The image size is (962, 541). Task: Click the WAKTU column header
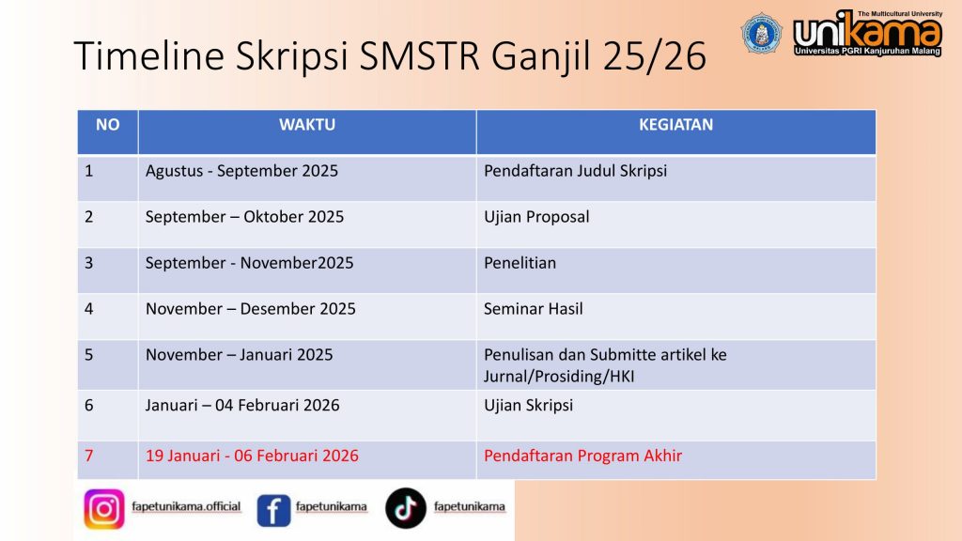(307, 125)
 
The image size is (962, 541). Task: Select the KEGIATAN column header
(675, 125)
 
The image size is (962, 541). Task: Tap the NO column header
(107, 125)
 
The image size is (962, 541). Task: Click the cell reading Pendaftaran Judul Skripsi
(575, 171)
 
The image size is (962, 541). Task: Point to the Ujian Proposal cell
(536, 217)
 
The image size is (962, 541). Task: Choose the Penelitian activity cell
(520, 263)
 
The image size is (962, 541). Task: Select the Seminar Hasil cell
(534, 308)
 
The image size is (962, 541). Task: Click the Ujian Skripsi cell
(528, 405)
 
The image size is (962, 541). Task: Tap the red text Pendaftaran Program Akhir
(582, 456)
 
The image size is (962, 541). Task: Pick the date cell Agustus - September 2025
(241, 171)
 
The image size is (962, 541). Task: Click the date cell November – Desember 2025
(250, 308)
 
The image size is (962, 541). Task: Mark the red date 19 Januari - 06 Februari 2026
(252, 456)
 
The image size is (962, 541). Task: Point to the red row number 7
(89, 456)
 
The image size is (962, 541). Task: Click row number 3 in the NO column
(89, 263)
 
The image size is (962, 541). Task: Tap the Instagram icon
(104, 508)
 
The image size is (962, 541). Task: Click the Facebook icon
(273, 510)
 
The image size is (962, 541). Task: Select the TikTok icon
(406, 508)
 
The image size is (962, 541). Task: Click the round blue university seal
(761, 33)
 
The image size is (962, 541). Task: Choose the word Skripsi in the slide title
(292, 55)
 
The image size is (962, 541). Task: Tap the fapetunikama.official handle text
(186, 506)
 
